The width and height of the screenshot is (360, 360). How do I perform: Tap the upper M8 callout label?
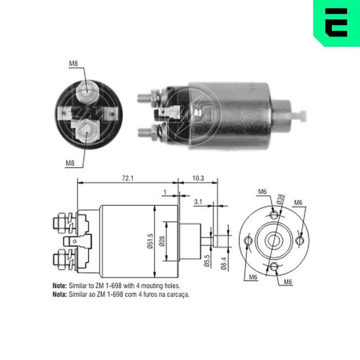point(73,64)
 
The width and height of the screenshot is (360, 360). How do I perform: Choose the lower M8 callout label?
point(70,163)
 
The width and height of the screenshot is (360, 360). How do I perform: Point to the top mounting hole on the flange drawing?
point(274,215)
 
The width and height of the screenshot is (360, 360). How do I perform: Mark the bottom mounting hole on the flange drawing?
point(274,267)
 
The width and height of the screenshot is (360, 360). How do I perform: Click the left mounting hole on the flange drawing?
point(248,240)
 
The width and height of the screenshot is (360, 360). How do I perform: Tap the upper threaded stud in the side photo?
point(144,97)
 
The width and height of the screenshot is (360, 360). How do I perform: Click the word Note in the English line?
point(60,286)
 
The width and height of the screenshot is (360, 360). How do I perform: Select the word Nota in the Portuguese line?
point(60,294)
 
